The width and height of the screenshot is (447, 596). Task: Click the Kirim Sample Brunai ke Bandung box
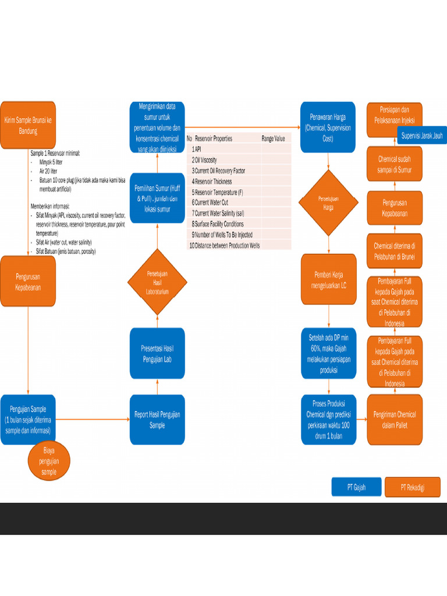coord(28,125)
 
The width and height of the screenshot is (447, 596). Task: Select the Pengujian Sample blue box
coord(28,419)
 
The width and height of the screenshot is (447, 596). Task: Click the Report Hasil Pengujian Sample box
coord(157,420)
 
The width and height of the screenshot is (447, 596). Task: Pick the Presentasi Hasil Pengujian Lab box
coord(157,353)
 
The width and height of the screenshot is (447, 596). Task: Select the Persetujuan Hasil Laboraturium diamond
coord(157,282)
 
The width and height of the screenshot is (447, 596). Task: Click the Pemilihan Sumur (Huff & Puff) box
coord(157,198)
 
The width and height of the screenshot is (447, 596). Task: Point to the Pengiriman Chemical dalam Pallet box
coord(395,420)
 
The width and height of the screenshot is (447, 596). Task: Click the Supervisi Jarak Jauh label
coord(422,136)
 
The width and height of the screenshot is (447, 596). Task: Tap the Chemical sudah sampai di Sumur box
coord(395,164)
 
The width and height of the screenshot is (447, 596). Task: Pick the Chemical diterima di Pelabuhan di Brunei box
coord(395,251)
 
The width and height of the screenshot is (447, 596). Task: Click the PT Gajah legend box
coord(356,487)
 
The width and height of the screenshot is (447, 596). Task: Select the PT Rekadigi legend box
coord(412,487)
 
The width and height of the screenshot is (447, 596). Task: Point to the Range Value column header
coord(274,139)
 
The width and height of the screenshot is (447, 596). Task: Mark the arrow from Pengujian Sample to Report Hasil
coord(92,419)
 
